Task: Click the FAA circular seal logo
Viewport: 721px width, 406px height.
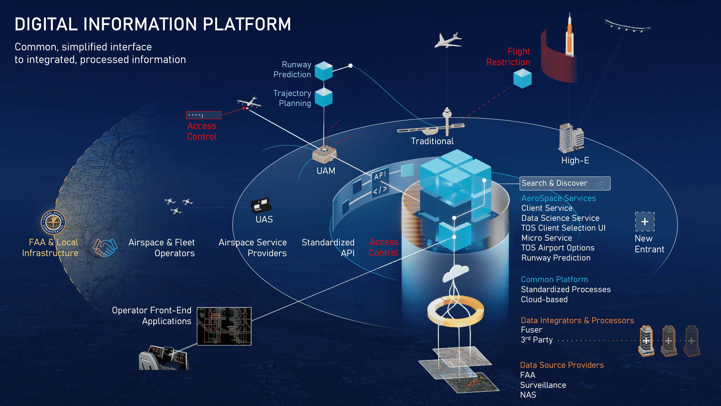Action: pyautogui.click(x=53, y=222)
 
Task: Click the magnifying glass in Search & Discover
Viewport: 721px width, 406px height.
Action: pyautogui.click(x=601, y=184)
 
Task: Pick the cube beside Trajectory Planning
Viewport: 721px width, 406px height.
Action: pyautogui.click(x=324, y=97)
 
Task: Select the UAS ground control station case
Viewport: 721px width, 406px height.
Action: pyautogui.click(x=261, y=205)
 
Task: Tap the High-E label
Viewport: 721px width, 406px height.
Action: pyautogui.click(x=575, y=160)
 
